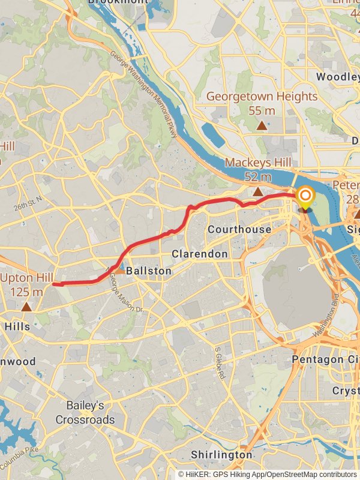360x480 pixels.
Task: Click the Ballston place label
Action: pyautogui.click(x=148, y=271)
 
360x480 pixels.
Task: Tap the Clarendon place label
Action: pyautogui.click(x=200, y=254)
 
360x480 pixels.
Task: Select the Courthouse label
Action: pyautogui.click(x=239, y=230)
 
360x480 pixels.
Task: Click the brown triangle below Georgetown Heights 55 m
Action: pyautogui.click(x=262, y=125)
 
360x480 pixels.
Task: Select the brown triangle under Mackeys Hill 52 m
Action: pyautogui.click(x=257, y=191)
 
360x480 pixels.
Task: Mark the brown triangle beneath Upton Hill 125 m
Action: pyautogui.click(x=26, y=307)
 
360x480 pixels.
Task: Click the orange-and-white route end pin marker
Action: pyautogui.click(x=305, y=197)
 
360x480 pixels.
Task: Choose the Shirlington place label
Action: pyautogui.click(x=221, y=455)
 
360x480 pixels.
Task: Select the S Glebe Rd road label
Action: pyautogui.click(x=220, y=362)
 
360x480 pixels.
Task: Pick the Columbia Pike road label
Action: pyautogui.click(x=24, y=460)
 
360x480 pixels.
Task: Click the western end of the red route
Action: pyautogui.click(x=54, y=284)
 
